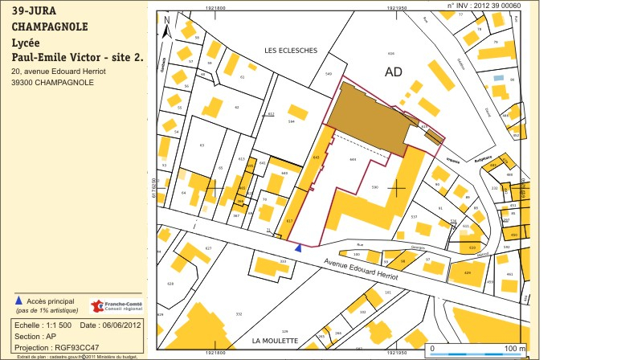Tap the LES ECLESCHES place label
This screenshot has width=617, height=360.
291,50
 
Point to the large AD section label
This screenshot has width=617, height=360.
393,72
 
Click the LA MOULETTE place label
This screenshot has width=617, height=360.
275,342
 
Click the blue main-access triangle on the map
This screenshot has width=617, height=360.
299,248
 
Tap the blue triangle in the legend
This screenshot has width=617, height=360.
18,301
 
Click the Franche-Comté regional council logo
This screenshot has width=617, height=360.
116,306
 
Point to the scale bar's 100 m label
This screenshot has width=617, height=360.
514,349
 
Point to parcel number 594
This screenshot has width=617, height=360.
292,121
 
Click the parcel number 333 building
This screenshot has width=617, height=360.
282,262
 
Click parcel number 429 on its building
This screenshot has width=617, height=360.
467,272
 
